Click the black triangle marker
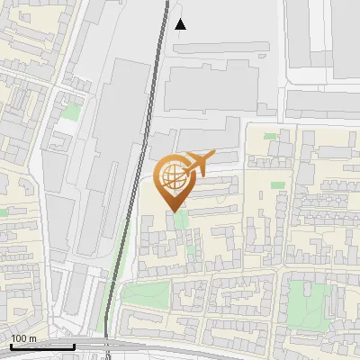180,24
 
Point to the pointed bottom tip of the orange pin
174,211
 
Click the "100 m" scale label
23,338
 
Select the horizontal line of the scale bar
41,346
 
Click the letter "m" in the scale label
31,338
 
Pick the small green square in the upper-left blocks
69,113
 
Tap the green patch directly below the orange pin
180,220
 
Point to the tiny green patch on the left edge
4,211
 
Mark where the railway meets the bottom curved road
106,340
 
